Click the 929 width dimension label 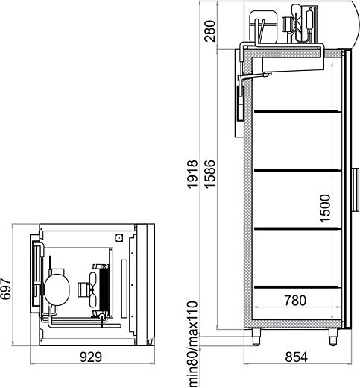[91, 357]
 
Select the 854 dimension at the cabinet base [296, 357]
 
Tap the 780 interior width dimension [295, 301]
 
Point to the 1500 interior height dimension [325, 208]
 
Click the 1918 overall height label [193, 175]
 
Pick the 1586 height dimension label [209, 174]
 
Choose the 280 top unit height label [209, 31]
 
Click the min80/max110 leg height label [193, 344]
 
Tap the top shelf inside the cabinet [297, 112]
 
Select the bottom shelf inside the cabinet [297, 287]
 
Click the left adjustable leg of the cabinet [256, 337]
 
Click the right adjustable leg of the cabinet [333, 337]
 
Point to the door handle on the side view [356, 190]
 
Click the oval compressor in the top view [57, 290]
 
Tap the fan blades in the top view [93, 290]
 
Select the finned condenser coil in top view [104, 290]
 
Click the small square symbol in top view [119, 238]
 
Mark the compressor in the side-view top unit [263, 27]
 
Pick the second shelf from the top [297, 170]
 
